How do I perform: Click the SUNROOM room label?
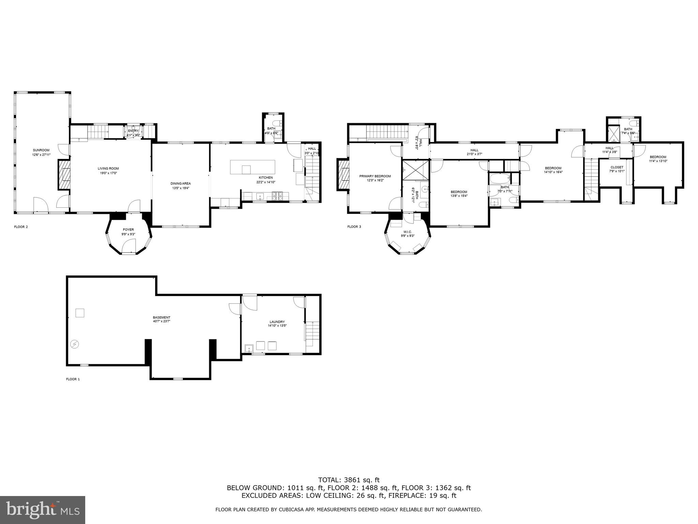[41, 150]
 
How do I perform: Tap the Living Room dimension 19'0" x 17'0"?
[108, 173]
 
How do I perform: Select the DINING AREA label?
[181, 184]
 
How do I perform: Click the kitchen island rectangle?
[253, 167]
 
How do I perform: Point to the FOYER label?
[128, 230]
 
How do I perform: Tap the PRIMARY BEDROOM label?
[375, 176]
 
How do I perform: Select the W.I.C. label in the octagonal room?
[408, 232]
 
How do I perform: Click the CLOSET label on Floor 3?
[617, 167]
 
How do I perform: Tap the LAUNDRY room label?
[277, 322]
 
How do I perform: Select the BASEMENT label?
[162, 317]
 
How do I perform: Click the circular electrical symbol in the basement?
[75, 344]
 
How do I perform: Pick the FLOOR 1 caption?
[73, 379]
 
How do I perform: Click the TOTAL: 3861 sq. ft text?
[349, 480]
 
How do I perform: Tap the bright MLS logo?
[43, 510]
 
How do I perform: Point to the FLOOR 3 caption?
[354, 227]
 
